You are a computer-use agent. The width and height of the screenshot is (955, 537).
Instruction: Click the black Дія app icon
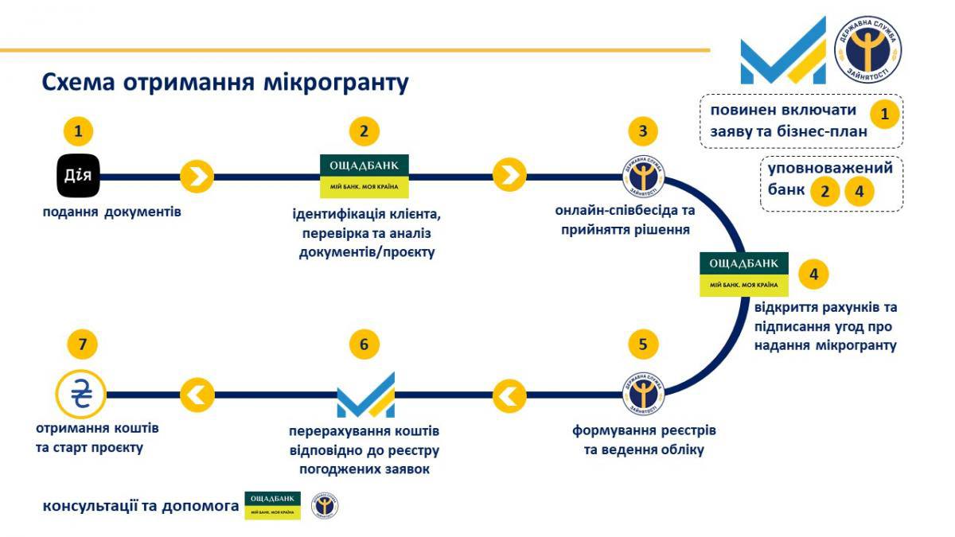(78, 176)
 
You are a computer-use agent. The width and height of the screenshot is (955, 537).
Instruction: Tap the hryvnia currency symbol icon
(80, 394)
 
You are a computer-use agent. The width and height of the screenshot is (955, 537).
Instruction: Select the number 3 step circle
(643, 130)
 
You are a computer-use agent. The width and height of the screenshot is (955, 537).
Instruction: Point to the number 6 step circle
(364, 344)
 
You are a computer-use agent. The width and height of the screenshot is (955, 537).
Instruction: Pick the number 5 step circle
(643, 344)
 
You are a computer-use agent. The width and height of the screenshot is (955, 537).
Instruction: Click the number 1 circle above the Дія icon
(78, 130)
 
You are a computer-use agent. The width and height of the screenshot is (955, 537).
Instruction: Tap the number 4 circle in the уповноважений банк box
(859, 192)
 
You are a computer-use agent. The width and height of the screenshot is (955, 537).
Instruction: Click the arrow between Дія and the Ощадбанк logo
(197, 176)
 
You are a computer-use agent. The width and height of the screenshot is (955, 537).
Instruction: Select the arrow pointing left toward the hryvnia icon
(197, 393)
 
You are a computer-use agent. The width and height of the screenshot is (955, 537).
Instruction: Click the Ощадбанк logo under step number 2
(364, 176)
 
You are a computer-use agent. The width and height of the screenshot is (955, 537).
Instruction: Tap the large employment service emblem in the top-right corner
(867, 49)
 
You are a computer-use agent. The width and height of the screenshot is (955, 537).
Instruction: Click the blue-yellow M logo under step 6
(365, 394)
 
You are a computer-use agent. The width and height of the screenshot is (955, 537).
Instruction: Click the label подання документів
(112, 212)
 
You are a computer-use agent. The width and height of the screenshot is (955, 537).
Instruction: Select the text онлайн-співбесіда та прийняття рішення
(625, 220)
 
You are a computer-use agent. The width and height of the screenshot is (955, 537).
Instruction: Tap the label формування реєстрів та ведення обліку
(643, 440)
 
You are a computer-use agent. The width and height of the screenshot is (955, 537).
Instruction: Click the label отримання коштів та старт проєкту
(97, 438)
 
